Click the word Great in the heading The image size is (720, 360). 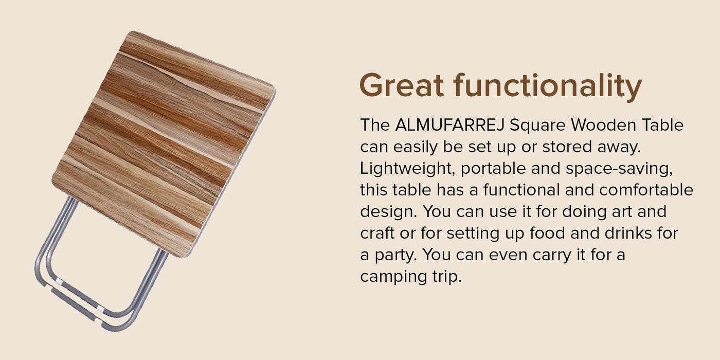pyautogui.click(x=402, y=85)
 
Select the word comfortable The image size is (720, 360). pyautogui.click(x=646, y=190)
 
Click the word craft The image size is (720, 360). pyautogui.click(x=377, y=233)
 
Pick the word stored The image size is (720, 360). pyautogui.click(x=567, y=147)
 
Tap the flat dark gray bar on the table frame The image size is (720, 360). pyautogui.click(x=74, y=304)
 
